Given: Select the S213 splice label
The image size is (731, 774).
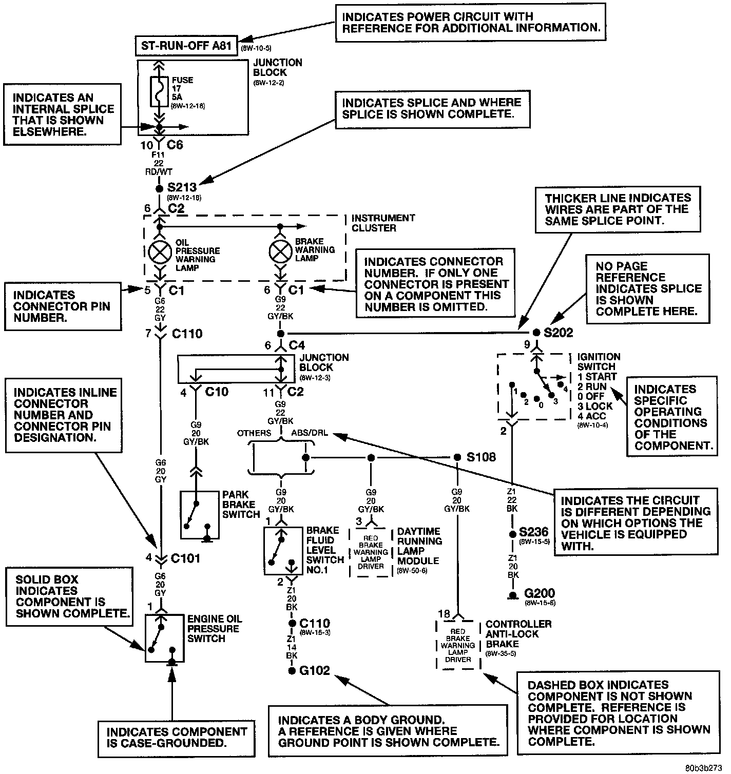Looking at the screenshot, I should coord(182,187).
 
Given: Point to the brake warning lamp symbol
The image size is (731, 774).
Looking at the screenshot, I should coord(280,250).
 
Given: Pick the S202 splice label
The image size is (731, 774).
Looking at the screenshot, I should coord(559,332).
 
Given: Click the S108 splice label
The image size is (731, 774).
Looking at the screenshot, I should coord(481,457).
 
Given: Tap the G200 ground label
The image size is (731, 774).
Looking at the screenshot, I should coord(539,594).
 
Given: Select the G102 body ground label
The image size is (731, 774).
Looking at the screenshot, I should coord(315,670).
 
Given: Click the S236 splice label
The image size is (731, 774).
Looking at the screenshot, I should coord(533,532).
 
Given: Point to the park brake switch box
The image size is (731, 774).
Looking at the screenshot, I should coord(199,516).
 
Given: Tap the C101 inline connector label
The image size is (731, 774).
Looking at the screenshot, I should coord(185,558).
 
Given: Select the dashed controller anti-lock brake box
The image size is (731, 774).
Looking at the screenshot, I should coord(458,644).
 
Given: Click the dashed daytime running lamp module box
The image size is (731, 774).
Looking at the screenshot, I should coord(371,553).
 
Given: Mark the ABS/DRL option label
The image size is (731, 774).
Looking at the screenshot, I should coord(310,433).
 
